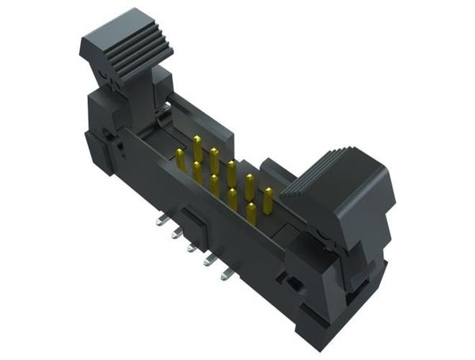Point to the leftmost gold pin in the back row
click(197, 146)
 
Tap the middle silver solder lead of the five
click(191, 247)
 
